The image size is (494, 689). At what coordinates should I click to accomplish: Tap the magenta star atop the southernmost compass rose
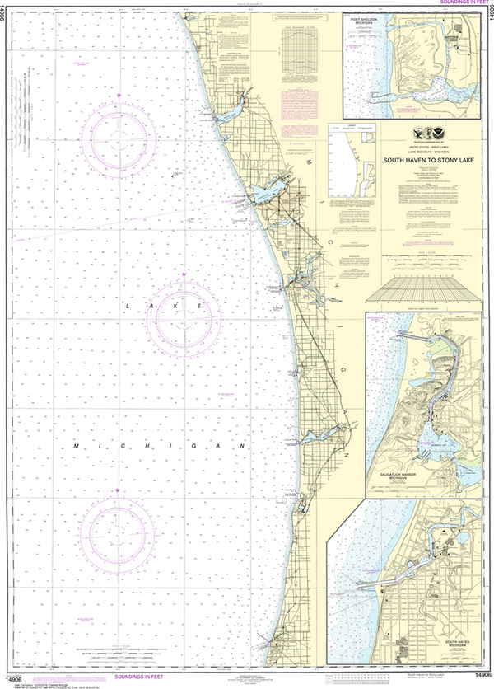pos(116,491)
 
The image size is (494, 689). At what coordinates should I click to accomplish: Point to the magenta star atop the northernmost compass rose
pos(120,97)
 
